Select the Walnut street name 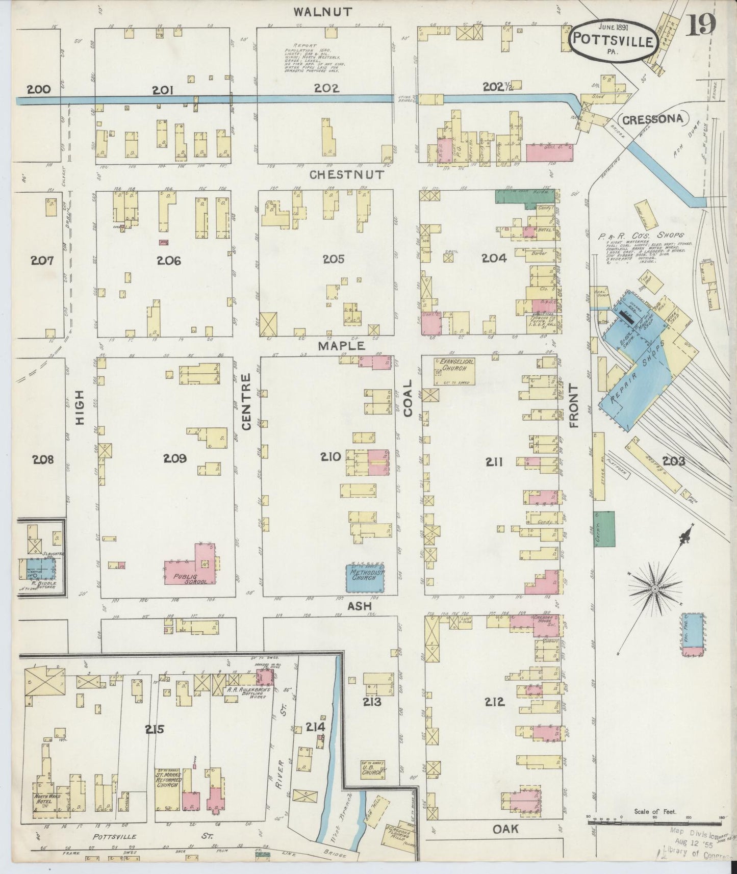(323, 12)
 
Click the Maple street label (342, 345)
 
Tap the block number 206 (168, 261)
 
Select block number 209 (174, 458)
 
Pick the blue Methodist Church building (365, 577)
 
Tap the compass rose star (655, 589)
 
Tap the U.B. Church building (371, 772)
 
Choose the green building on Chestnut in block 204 (524, 196)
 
